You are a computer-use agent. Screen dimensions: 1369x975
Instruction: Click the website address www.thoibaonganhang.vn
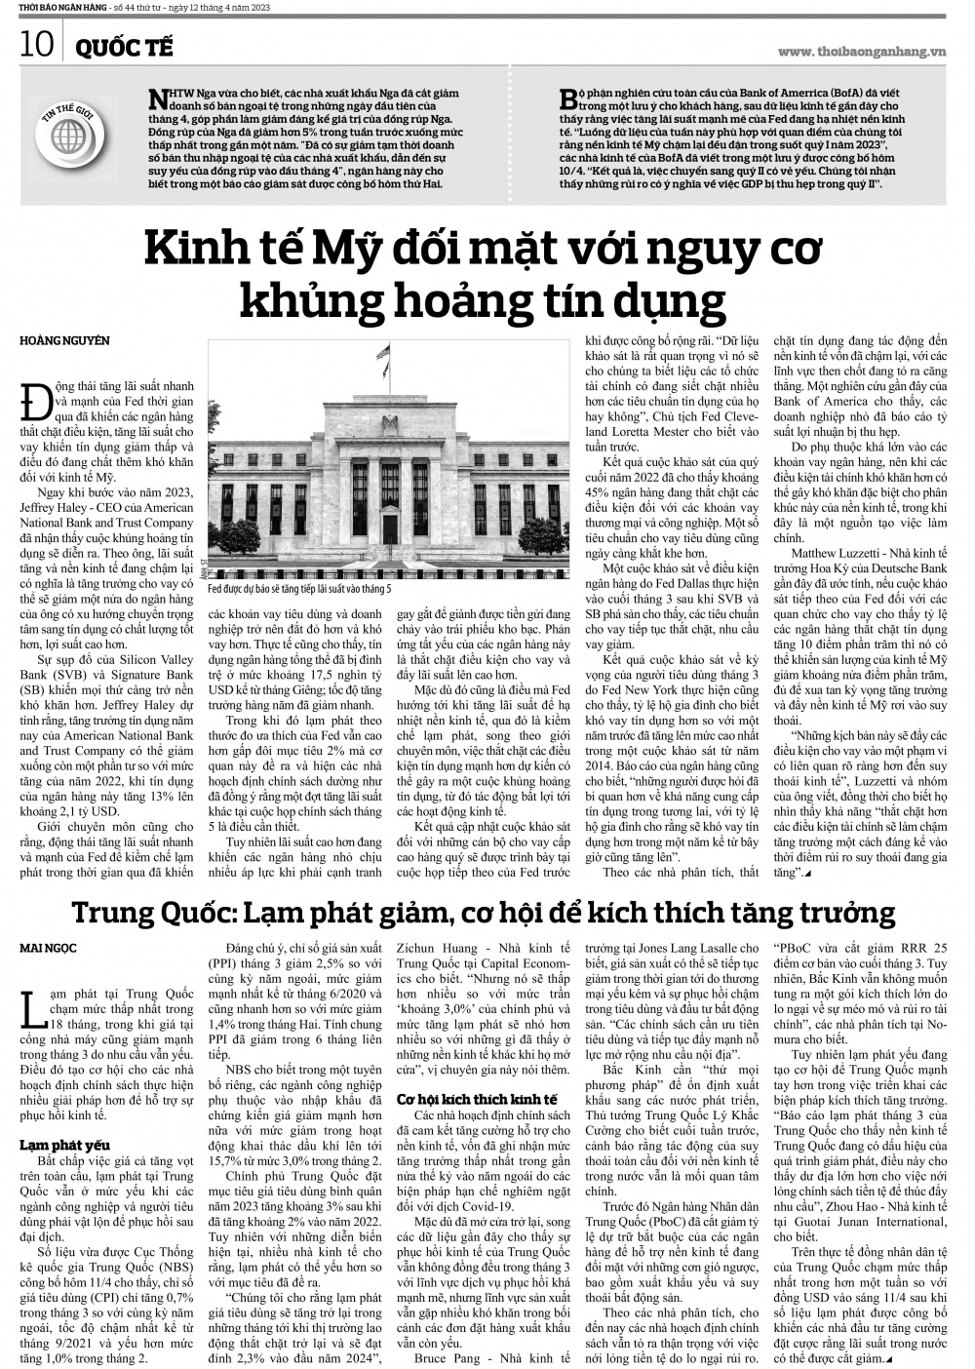coord(862,51)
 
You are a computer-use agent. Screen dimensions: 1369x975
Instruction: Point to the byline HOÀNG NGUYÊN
coord(65,340)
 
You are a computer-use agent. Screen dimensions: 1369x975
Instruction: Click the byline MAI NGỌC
coord(49,947)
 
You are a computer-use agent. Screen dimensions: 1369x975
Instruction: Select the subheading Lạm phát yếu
coord(64,1145)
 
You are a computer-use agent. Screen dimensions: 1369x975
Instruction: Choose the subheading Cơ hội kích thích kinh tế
coord(477,1098)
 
